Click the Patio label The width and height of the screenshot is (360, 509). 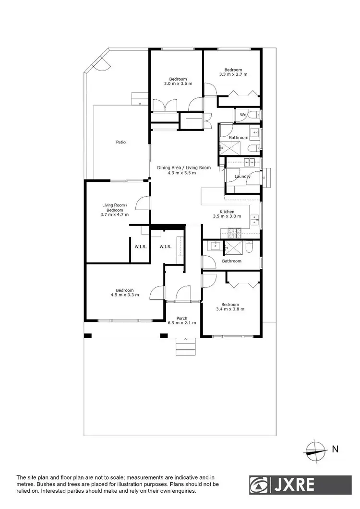point(121,142)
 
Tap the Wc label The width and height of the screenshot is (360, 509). point(243,115)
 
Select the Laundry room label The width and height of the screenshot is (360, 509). point(242,177)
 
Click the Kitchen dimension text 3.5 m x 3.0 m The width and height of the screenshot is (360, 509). point(227,216)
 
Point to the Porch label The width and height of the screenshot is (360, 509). point(182,318)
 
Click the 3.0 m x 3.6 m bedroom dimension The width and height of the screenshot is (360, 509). point(178,83)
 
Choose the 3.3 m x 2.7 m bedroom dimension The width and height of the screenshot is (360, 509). point(233,74)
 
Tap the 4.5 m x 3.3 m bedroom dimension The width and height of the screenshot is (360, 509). point(124,295)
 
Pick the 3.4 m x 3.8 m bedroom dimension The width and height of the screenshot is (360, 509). point(230,309)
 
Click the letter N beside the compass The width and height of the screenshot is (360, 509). point(335,450)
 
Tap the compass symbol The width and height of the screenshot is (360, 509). point(315,450)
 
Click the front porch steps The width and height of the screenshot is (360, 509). point(184,344)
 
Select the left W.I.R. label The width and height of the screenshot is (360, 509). point(141,247)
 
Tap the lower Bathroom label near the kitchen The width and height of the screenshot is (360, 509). point(231,261)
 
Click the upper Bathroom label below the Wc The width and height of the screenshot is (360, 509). point(239,138)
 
